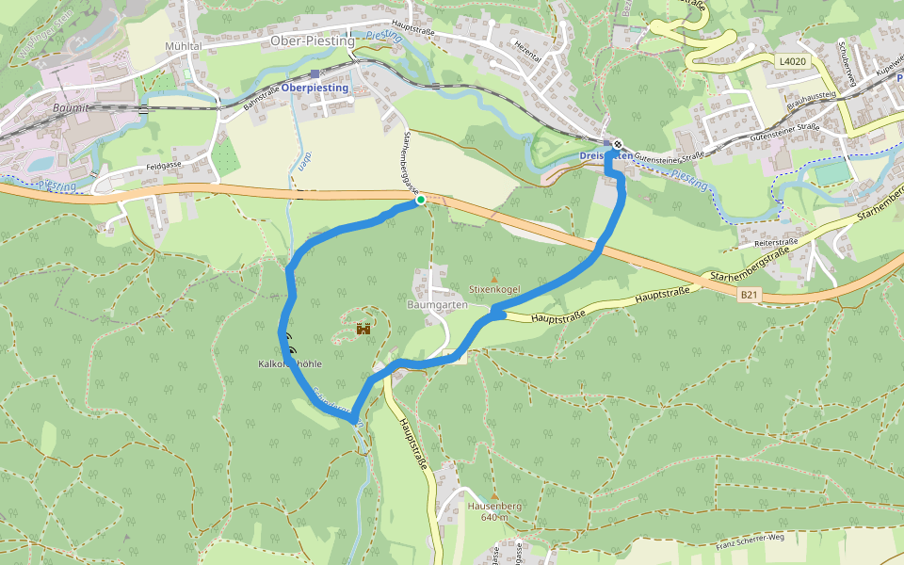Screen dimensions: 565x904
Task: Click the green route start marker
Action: click(x=420, y=200)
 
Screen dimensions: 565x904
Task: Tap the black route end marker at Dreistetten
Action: click(x=616, y=144)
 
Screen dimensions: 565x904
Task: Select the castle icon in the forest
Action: click(x=363, y=329)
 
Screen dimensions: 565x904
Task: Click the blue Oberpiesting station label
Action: click(x=315, y=88)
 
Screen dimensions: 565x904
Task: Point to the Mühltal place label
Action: click(x=185, y=45)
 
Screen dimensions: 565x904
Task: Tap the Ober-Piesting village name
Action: click(x=312, y=41)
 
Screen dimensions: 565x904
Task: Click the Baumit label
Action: click(x=47, y=108)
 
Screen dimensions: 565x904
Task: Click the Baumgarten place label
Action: click(x=436, y=305)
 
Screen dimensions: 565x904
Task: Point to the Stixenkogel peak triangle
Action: click(x=494, y=279)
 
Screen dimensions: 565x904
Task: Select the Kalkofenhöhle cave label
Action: click(x=290, y=363)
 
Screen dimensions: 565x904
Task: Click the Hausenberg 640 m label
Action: click(x=494, y=511)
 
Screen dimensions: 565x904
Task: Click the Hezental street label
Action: click(x=527, y=51)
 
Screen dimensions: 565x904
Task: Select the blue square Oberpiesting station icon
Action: click(x=315, y=74)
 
